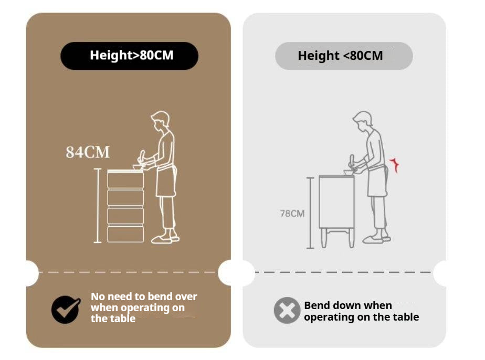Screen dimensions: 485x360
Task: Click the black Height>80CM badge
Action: tap(129, 56)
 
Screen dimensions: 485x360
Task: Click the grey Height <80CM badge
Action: tap(344, 56)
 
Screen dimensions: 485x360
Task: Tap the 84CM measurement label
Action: tap(88, 152)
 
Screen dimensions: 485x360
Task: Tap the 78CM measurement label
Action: tap(292, 214)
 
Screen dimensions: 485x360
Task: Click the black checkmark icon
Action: tap(66, 310)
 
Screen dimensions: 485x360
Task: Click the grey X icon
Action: tap(287, 310)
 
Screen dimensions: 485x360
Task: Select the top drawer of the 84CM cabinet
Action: tap(125, 179)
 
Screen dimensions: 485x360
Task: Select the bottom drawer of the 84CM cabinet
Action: tap(125, 234)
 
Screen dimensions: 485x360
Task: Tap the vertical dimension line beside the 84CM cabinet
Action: tap(98, 206)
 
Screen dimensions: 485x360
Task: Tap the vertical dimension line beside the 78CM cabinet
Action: tap(310, 213)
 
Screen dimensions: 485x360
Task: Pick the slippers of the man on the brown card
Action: tap(165, 239)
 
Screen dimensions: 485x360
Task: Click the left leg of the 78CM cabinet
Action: tap(323, 238)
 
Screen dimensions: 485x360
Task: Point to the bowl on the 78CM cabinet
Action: tap(349, 172)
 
